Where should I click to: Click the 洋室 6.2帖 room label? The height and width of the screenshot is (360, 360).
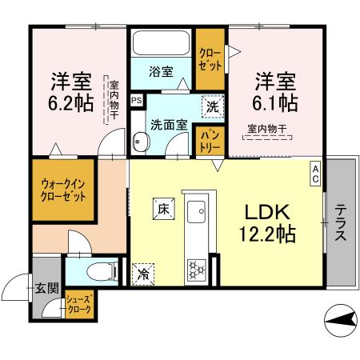(x=70, y=91)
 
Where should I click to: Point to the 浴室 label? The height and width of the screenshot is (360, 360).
(x=161, y=71)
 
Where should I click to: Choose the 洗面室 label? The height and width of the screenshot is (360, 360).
(x=170, y=124)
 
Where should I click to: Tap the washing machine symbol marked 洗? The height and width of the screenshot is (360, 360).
(x=214, y=104)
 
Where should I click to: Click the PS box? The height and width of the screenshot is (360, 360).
(x=137, y=100)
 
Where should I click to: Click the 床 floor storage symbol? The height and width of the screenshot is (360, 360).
(x=162, y=209)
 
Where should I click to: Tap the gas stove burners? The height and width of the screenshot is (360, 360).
(x=196, y=268)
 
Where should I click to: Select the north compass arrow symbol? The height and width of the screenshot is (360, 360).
(x=342, y=322)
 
